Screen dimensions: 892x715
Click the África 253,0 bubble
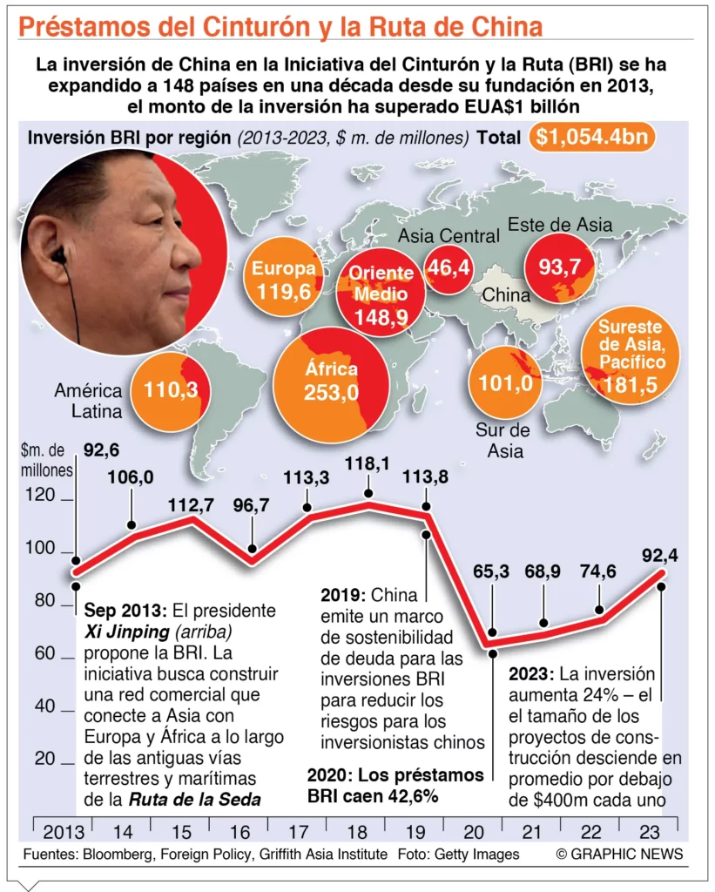click(x=330, y=383)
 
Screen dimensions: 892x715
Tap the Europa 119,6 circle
click(x=284, y=280)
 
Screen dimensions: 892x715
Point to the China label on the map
click(x=506, y=294)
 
